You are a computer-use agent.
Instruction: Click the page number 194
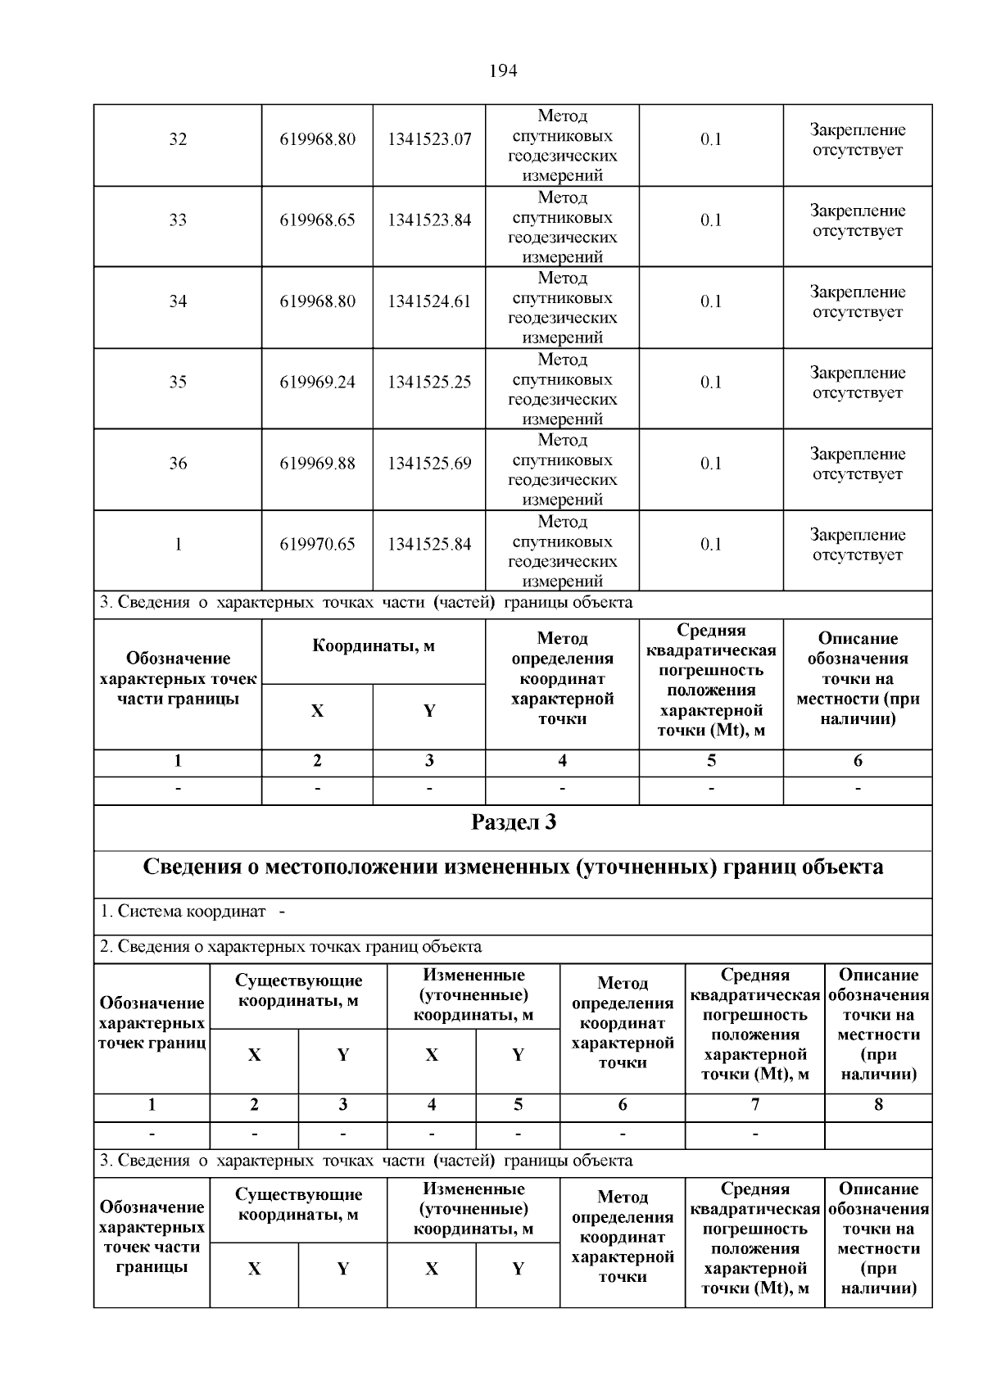tap(503, 71)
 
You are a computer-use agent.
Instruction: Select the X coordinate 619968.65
tap(317, 220)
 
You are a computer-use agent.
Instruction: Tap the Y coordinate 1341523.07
tap(429, 139)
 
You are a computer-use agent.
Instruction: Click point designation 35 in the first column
tap(178, 383)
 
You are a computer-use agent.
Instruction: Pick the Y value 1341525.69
tap(429, 464)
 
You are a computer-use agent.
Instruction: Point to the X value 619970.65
tap(317, 545)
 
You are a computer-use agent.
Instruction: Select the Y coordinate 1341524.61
tap(429, 301)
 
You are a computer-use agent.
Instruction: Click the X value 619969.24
tap(317, 383)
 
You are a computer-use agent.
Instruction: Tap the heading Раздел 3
tap(513, 822)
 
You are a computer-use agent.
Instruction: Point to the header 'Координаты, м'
tap(374, 646)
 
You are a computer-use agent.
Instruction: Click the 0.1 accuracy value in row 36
tap(710, 464)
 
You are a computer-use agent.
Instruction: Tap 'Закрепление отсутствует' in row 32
tap(857, 140)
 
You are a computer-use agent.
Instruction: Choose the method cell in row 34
tap(562, 308)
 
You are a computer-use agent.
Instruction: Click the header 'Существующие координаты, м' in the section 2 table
tap(298, 990)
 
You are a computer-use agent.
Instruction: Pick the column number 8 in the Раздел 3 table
tap(878, 1105)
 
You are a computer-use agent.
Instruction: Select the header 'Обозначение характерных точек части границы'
tap(178, 679)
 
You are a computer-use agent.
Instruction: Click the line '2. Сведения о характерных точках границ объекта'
tap(291, 947)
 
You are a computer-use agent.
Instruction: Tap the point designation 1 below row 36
tap(178, 545)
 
